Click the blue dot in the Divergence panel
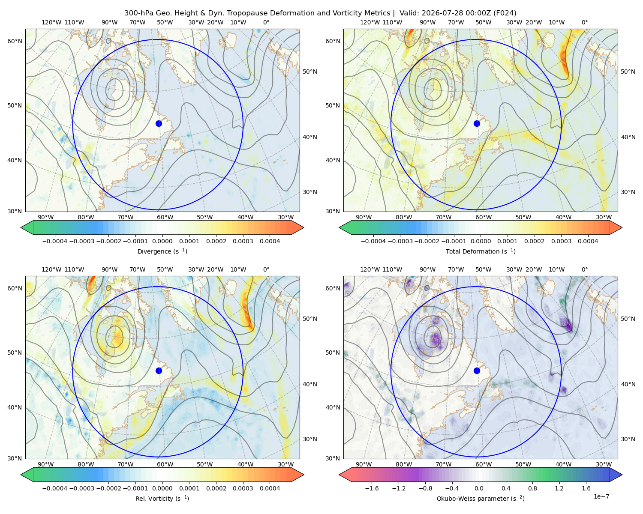[159, 123]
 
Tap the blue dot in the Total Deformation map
[477, 123]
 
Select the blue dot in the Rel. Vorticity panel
[159, 371]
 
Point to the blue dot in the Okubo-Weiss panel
[477, 371]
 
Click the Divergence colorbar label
[162, 251]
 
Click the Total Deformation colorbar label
[481, 251]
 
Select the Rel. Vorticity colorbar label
[162, 498]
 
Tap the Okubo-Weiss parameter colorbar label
[481, 498]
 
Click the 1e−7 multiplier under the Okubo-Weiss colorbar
[601, 496]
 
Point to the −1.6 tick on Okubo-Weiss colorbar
[372, 488]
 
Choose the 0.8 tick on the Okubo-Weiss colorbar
[532, 488]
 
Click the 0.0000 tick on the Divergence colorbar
[162, 241]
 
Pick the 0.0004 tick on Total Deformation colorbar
[588, 241]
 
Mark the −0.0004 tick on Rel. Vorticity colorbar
[55, 488]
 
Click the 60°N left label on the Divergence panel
[15, 41]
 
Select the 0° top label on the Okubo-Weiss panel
[584, 269]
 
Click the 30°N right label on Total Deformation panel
[628, 192]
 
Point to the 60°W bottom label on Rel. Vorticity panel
[165, 464]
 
